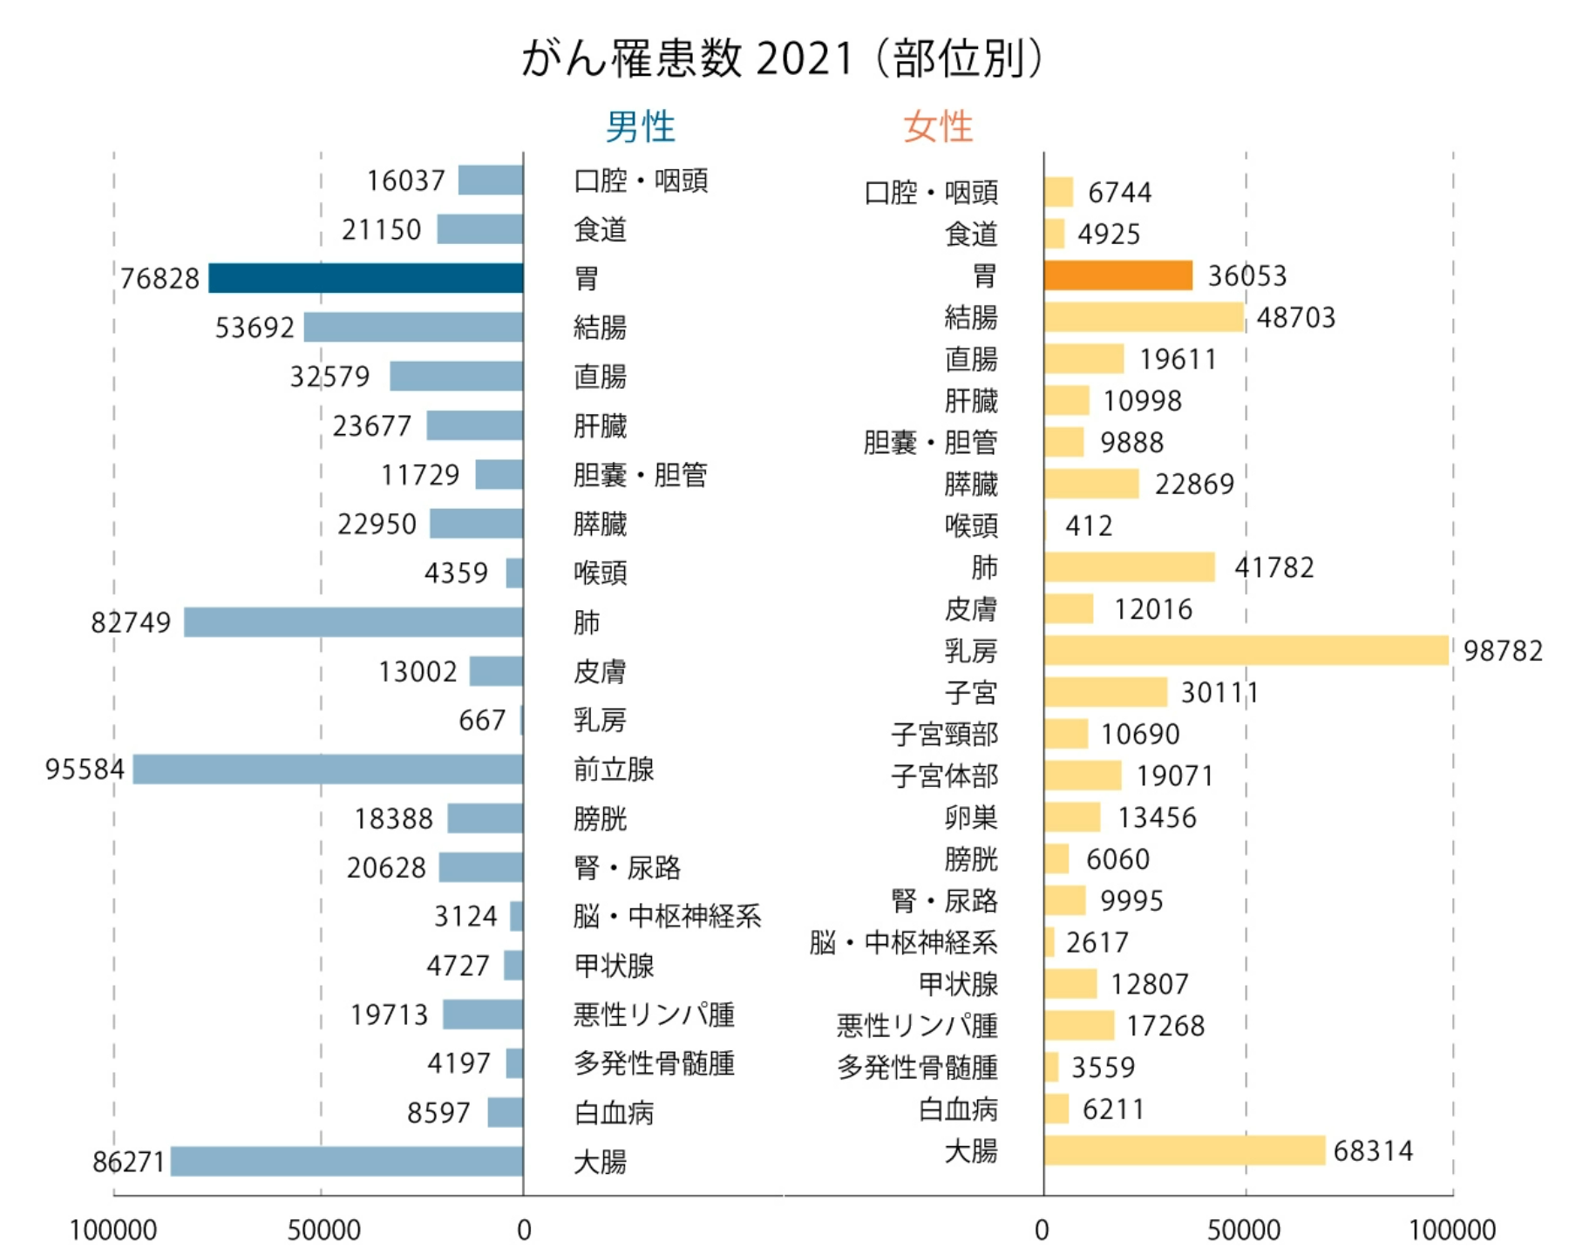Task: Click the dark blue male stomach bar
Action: click(x=366, y=278)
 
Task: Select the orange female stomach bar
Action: click(x=1117, y=275)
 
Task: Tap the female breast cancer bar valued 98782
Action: click(x=1246, y=650)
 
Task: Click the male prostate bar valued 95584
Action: click(x=328, y=769)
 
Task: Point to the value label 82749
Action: click(x=131, y=622)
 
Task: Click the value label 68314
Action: click(x=1373, y=1150)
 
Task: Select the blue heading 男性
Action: click(x=640, y=127)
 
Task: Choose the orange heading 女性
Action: click(x=937, y=127)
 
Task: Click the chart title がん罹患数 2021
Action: click(x=782, y=58)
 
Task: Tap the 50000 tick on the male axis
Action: click(x=323, y=1230)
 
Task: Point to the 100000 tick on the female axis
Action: click(x=1452, y=1230)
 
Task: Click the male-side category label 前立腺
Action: click(x=614, y=770)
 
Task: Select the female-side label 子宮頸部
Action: click(x=944, y=734)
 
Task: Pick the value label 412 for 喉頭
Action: click(x=1089, y=526)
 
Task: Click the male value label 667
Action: click(x=482, y=720)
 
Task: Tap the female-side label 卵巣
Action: click(x=970, y=817)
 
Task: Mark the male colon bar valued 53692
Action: click(x=413, y=327)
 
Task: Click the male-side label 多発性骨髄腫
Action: click(x=654, y=1063)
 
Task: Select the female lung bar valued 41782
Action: click(x=1129, y=566)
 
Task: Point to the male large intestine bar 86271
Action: click(x=347, y=1161)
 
